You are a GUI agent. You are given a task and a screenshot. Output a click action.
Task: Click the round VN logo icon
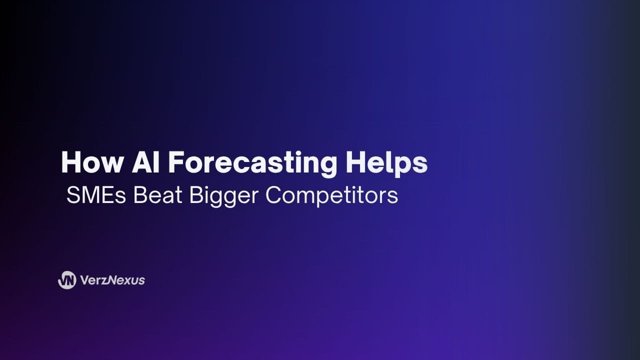67,280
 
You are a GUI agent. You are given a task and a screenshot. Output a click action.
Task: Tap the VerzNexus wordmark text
112,280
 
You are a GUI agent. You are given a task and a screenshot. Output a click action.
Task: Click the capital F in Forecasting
176,162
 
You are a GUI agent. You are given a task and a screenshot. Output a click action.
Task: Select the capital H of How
70,162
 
